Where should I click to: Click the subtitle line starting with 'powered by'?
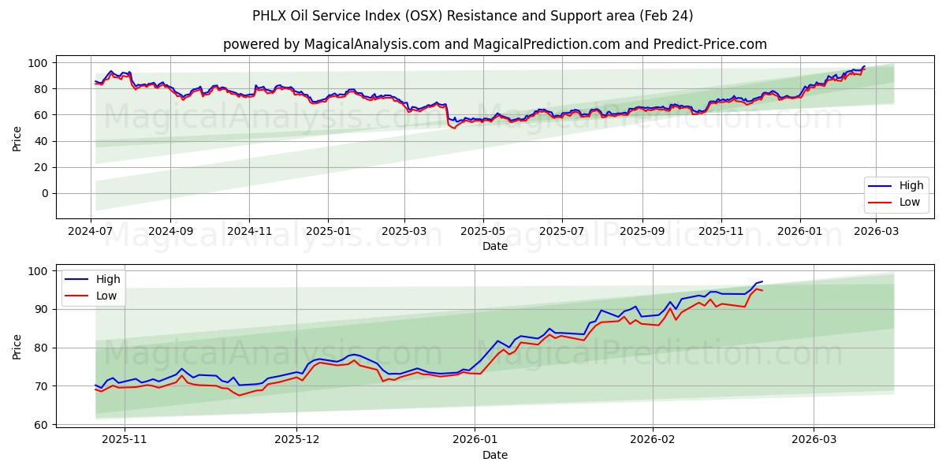[x=494, y=44]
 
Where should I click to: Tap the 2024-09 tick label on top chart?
[x=170, y=232]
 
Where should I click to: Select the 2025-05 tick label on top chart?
[x=483, y=232]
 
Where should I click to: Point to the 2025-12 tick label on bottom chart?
[x=297, y=440]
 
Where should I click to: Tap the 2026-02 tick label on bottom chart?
[x=654, y=440]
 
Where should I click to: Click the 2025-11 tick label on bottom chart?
[x=125, y=440]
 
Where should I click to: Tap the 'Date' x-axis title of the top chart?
[x=494, y=247]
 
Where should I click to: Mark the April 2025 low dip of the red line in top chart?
[x=453, y=128]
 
